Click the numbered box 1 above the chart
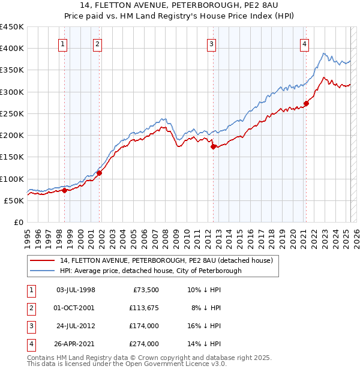pos(63,43)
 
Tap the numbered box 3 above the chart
pos(212,43)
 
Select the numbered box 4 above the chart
pos(305,43)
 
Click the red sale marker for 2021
pos(306,103)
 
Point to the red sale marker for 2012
pos(213,146)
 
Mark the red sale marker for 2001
pos(99,173)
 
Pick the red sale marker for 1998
pos(64,190)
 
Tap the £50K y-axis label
pos(14,200)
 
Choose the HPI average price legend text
pos(151,271)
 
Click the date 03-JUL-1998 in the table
pos(76,290)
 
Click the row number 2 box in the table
pos(31,308)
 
